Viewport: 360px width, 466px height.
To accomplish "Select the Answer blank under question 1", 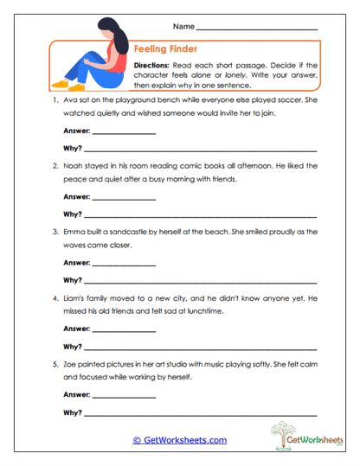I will [123, 134].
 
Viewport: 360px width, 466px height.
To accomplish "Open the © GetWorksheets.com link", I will [179, 440].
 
